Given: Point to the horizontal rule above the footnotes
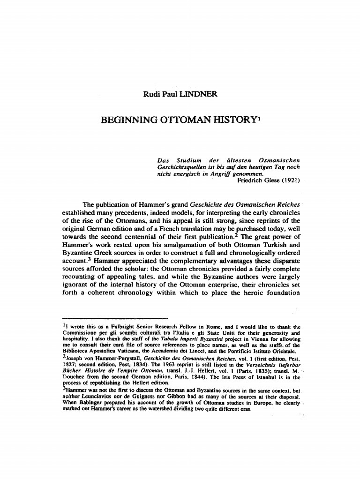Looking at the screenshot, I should point(112,317).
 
